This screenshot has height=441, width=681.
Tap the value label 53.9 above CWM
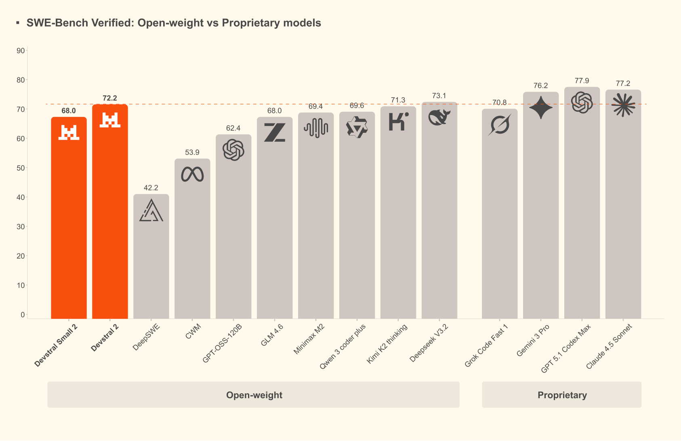point(192,153)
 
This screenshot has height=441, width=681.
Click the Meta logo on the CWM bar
point(192,174)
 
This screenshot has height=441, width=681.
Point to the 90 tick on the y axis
point(21,50)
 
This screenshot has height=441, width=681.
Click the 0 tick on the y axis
point(23,315)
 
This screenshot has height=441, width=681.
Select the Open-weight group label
point(254,395)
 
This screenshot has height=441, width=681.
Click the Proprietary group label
point(562,395)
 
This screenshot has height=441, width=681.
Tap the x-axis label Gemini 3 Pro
point(533,341)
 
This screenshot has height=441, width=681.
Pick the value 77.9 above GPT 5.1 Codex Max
point(582,81)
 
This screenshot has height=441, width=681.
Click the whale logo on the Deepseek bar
point(439,117)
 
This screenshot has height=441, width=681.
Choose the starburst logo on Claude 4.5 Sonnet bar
point(623,105)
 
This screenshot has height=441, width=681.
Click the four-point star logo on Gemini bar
point(540,108)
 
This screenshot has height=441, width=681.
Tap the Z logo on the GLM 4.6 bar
point(275,132)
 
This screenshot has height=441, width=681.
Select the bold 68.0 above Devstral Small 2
point(69,111)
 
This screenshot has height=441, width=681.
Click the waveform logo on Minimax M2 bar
point(316,128)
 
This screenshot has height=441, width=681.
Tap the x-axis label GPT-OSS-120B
point(222,343)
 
